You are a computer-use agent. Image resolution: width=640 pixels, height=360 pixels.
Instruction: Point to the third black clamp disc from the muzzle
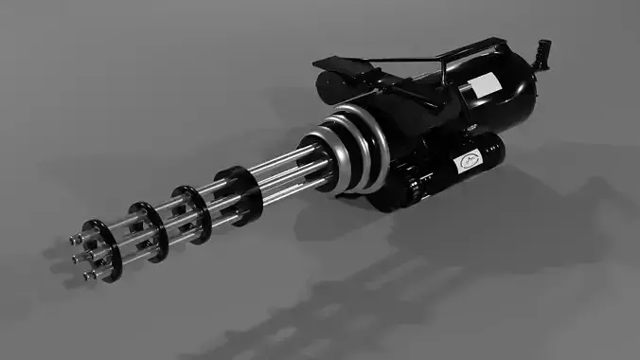coord(193,212)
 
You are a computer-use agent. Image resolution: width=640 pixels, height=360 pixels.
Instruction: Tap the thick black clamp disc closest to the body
coord(237,194)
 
